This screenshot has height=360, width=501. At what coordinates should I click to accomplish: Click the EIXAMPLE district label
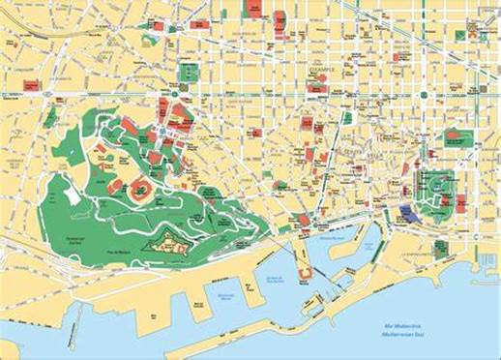(x=319, y=71)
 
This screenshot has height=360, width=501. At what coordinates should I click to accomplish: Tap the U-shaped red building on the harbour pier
(x=303, y=274)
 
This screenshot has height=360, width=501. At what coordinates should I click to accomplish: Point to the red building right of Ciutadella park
(x=461, y=202)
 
